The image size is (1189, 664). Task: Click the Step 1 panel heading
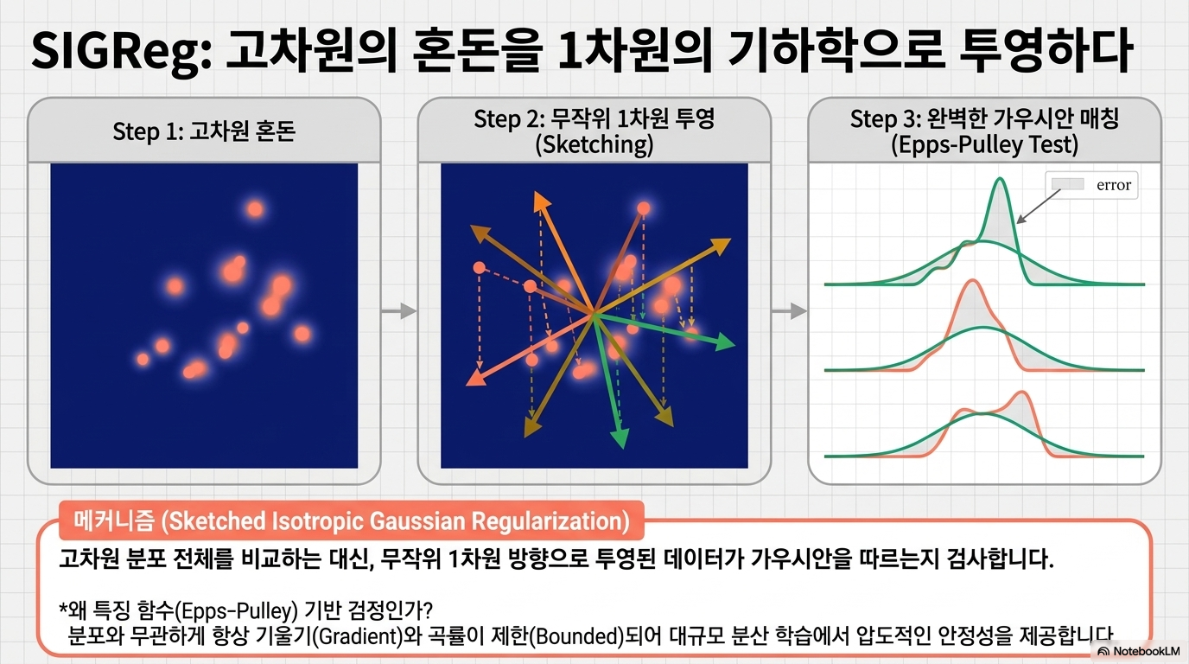pos(204,131)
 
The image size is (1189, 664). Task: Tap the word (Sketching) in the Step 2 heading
pos(594,144)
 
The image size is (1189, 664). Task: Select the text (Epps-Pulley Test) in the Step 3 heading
pos(984,144)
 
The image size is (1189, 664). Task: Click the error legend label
pos(1114,185)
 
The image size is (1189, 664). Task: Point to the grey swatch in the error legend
pos(1067,184)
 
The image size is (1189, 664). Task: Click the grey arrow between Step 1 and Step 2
pos(399,310)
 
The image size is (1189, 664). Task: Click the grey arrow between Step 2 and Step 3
pos(789,310)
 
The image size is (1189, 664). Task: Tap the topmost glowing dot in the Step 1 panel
pos(255,208)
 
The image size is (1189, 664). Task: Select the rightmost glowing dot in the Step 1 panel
pos(302,334)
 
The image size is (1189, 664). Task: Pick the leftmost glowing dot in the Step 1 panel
pos(143,360)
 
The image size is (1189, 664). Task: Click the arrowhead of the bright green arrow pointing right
pos(724,342)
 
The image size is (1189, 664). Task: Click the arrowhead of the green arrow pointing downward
pos(620,438)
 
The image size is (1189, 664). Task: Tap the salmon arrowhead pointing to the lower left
pos(475,377)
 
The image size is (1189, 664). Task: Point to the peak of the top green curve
pos(1000,178)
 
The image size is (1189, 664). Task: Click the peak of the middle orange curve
pos(972,281)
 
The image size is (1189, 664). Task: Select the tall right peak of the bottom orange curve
pos(1022,393)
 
